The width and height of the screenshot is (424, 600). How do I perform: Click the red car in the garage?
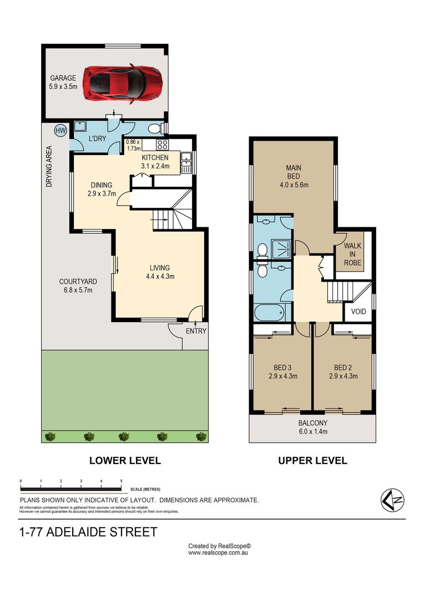[x=122, y=83]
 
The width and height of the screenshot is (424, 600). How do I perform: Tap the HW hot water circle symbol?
[x=60, y=131]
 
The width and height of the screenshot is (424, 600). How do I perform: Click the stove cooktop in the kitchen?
[x=163, y=144]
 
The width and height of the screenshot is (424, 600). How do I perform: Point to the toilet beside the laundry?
[x=155, y=128]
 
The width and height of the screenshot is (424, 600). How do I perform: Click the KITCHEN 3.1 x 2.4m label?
[x=155, y=162]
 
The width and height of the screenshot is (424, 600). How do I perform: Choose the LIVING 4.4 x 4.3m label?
[x=160, y=272]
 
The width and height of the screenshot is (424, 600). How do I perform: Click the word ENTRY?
[x=196, y=331]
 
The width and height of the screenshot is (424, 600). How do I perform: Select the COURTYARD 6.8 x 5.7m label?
[x=78, y=286]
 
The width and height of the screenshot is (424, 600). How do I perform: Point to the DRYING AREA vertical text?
[x=48, y=167]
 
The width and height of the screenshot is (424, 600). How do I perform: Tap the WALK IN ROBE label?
[x=352, y=254]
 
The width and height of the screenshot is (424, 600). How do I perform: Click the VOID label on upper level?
[x=359, y=312]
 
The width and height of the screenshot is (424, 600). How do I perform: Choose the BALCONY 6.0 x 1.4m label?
[x=313, y=427]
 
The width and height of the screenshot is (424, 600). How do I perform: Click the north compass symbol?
[x=392, y=500]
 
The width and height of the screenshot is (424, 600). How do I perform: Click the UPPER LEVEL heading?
[x=313, y=461]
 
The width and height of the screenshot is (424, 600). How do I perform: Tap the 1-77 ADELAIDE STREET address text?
[x=88, y=532]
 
